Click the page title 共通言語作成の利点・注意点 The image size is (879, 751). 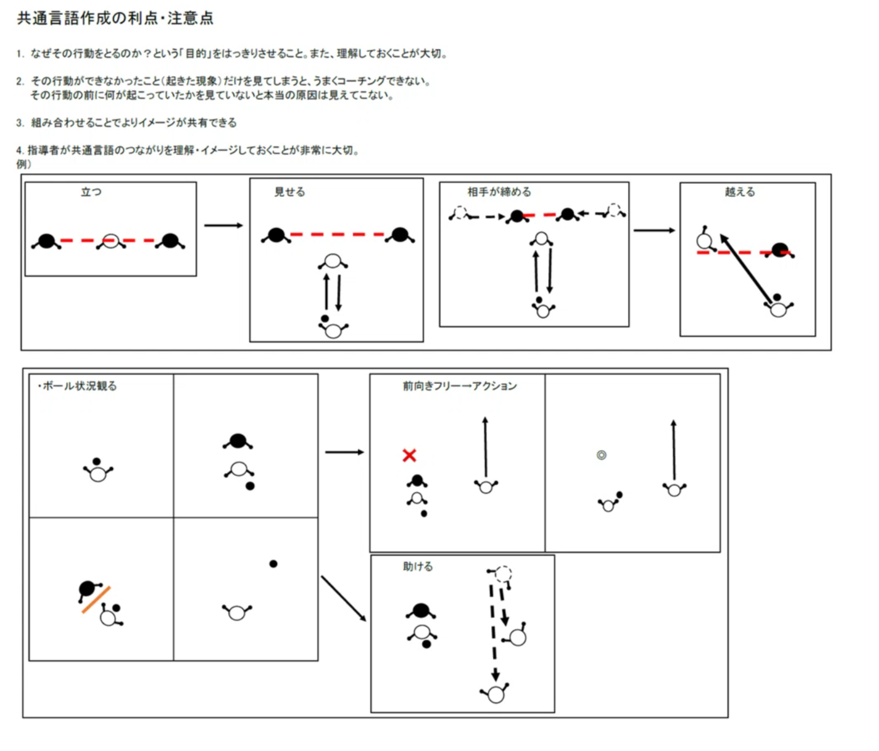(x=115, y=18)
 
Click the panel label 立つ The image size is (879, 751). (x=91, y=192)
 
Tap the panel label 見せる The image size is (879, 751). (x=289, y=192)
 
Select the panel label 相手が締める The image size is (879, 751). (x=499, y=192)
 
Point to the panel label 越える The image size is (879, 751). (x=740, y=192)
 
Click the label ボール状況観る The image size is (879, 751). (x=78, y=386)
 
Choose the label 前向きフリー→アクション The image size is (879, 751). (x=460, y=386)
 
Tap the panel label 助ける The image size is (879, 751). (x=418, y=567)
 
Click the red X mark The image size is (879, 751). (x=409, y=455)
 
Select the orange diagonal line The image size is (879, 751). (x=96, y=600)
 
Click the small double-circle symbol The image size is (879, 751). (x=601, y=455)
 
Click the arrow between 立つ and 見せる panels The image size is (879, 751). (x=223, y=225)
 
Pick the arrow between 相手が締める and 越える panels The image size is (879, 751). (x=654, y=230)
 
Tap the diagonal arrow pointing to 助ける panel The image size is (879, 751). (x=343, y=599)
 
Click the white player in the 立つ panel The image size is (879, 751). (x=111, y=241)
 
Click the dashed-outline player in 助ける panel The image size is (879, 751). (x=502, y=574)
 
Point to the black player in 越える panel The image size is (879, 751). (x=780, y=250)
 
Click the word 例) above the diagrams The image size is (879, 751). (x=24, y=164)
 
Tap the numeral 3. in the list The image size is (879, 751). (x=20, y=123)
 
